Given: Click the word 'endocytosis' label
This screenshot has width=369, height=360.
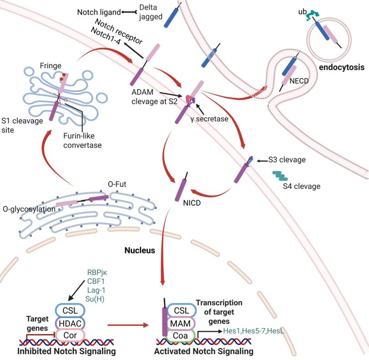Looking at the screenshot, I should point(342,67).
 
